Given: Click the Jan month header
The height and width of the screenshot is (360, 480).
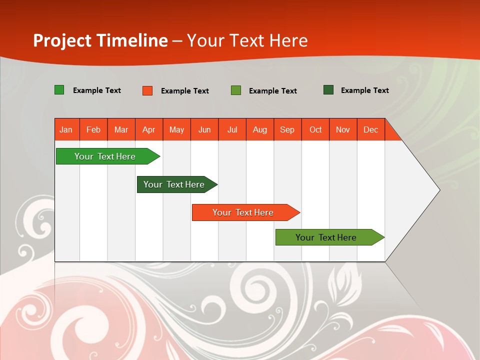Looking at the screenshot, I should click(x=66, y=129).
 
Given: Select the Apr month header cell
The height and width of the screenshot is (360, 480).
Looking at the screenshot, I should click(x=149, y=129).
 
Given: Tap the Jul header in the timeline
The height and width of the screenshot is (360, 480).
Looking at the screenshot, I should click(x=232, y=129).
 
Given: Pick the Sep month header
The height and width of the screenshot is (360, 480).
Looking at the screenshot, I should click(x=287, y=129).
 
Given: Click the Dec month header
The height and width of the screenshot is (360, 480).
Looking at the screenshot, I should click(x=370, y=129).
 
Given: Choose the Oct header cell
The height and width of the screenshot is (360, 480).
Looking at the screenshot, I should click(x=315, y=129).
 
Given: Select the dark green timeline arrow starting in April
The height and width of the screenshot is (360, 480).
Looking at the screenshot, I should click(x=175, y=184).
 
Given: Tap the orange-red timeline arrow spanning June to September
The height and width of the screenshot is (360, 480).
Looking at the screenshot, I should click(x=244, y=212).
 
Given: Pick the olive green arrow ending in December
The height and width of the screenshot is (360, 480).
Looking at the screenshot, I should click(x=327, y=237).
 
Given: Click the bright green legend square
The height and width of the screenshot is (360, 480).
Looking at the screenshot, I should click(x=59, y=90).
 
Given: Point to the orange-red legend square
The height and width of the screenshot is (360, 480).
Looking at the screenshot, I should click(x=147, y=90).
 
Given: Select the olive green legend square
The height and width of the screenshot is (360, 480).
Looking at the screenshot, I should click(x=236, y=90).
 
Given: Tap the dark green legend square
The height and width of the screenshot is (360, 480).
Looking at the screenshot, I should click(x=328, y=90).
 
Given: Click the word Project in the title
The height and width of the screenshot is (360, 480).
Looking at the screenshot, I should click(x=62, y=40).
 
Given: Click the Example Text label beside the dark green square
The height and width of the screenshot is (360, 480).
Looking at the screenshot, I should click(x=364, y=90).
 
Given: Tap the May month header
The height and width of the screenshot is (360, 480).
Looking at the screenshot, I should click(x=176, y=129).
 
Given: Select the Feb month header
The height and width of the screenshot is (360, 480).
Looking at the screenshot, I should click(x=93, y=129).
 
